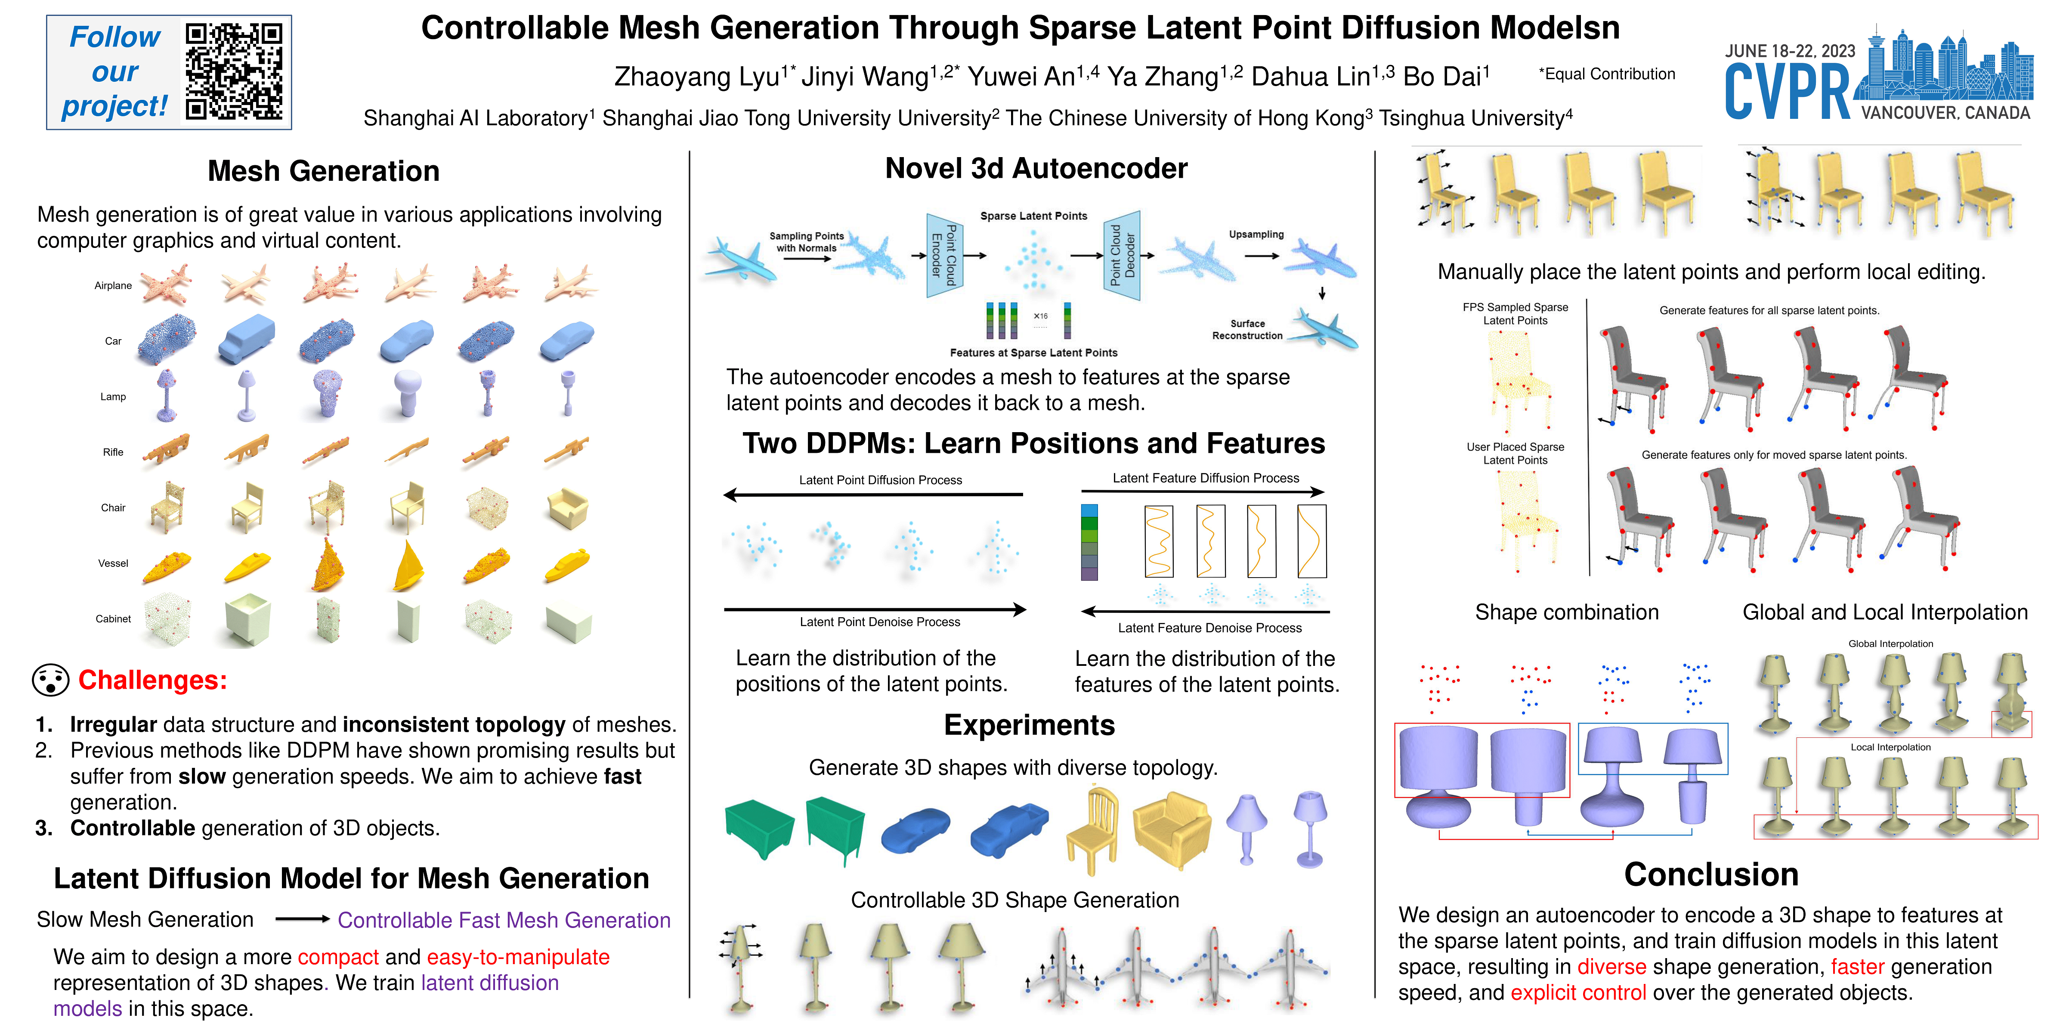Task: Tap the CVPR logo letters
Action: pos(1787,92)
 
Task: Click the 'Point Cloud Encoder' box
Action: pos(944,255)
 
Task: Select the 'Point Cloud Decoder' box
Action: pos(1122,255)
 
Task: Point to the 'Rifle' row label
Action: pos(113,452)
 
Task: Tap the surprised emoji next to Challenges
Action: pos(50,680)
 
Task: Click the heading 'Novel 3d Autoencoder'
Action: pos(1036,168)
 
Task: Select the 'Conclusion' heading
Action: pos(1711,874)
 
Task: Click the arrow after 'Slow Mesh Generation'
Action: pos(302,919)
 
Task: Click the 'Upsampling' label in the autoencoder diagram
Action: pos(1256,234)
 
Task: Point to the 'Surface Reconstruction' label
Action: pos(1247,330)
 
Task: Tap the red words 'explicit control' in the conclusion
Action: pos(1577,993)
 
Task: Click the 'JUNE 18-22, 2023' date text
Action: pos(1790,51)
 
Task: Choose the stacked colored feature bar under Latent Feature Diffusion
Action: pos(1089,542)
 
